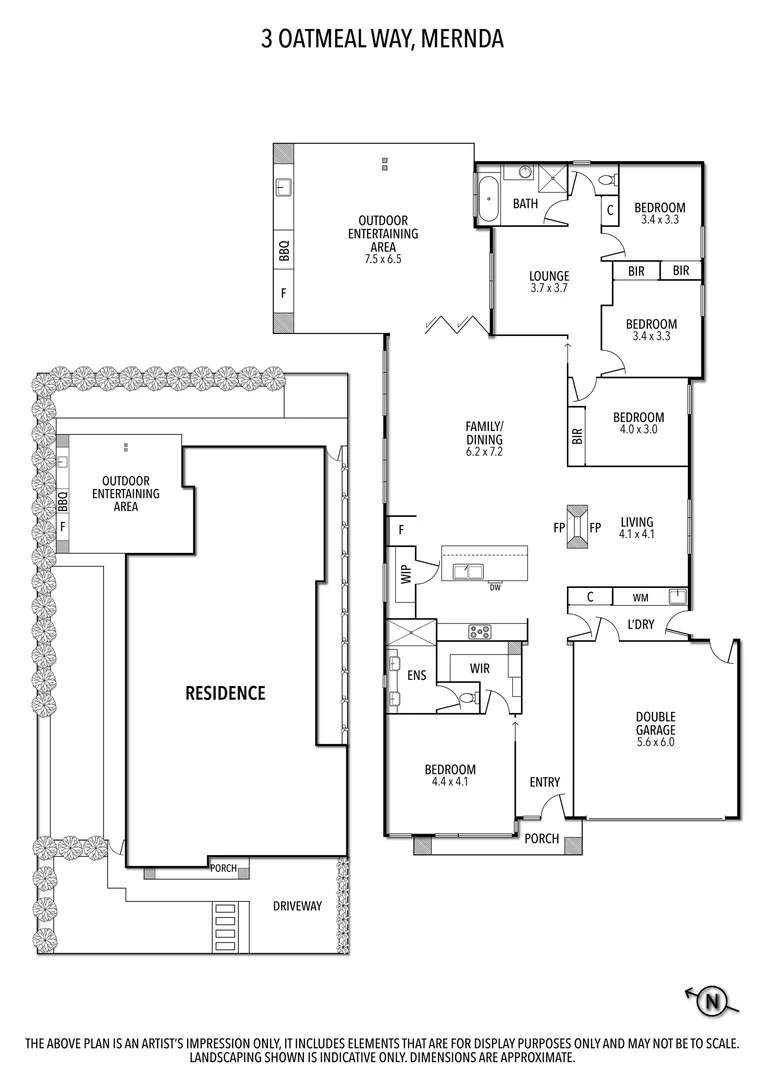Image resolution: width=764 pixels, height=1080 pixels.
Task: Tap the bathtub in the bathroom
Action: coord(487,200)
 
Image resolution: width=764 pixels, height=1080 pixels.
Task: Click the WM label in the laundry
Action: coord(640,598)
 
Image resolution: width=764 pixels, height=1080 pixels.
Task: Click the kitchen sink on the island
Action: coord(468,571)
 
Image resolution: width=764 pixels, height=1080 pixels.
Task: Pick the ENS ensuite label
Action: coord(417,675)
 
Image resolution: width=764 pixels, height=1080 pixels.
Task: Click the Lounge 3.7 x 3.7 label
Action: coord(549,282)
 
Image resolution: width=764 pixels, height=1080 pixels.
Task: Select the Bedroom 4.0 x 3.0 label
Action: coord(638,423)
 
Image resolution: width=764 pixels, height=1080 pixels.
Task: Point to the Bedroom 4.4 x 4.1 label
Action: coord(450,775)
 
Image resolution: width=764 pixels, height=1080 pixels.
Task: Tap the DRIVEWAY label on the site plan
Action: coord(298,906)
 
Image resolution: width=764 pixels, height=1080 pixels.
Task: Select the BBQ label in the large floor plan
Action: coord(284,249)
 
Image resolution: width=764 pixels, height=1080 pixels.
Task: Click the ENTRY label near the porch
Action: coord(545,782)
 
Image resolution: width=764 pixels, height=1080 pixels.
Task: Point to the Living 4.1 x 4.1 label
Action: coord(637,528)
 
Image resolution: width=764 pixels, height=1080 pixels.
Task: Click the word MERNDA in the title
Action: coord(462,40)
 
